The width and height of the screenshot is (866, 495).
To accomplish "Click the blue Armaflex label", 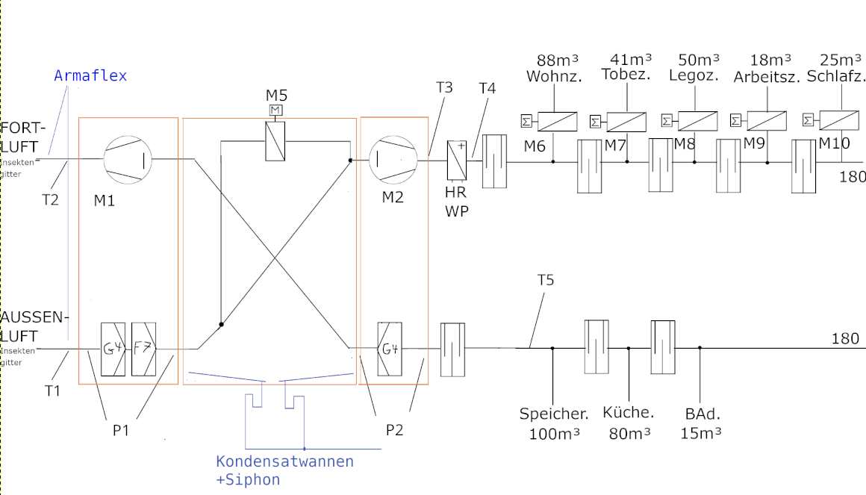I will point(90,75).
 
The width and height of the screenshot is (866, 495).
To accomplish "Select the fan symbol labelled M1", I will point(127,158).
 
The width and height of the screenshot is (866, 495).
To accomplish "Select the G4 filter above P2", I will point(390,349).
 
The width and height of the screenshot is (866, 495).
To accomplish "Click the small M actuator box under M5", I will point(275,110).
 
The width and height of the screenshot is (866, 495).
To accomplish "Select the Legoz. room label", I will point(694,75).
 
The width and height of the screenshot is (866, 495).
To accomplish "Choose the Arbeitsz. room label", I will point(767,76).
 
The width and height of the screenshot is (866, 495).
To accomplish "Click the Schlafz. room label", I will point(841,76).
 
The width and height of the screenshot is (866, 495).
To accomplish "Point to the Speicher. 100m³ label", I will point(554,423).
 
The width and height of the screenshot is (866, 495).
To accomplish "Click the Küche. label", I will point(628,413).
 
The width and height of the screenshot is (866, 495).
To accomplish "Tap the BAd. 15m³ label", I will point(701,423).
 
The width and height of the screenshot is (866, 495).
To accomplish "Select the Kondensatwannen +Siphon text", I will point(284,470).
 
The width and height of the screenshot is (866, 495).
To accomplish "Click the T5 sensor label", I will point(546,280).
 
